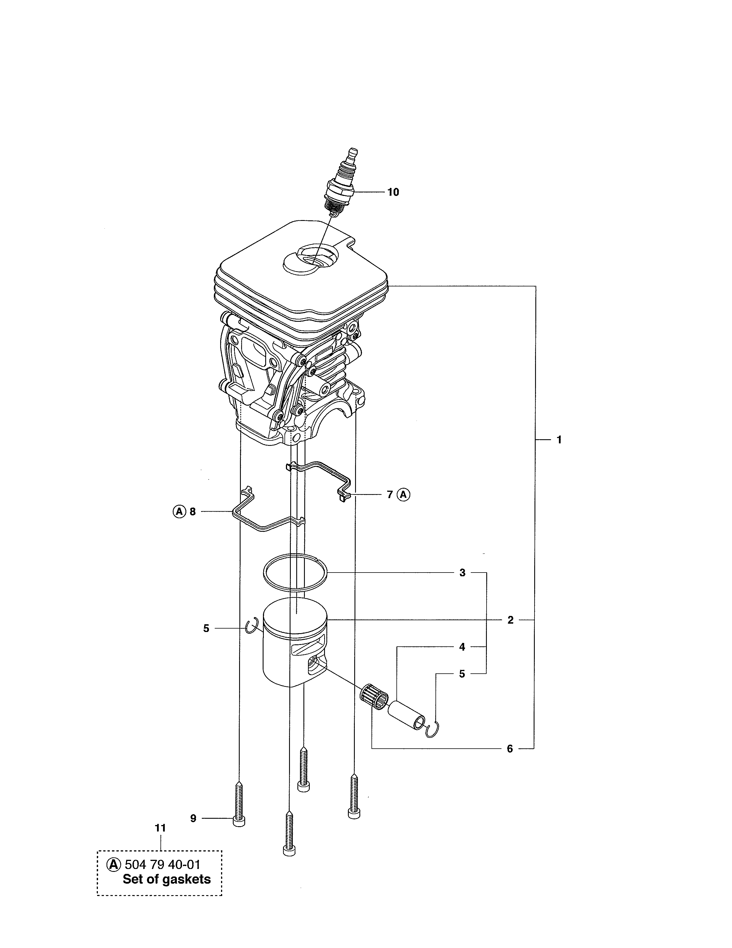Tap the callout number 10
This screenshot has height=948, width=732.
(x=393, y=192)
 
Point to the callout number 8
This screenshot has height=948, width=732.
(x=193, y=512)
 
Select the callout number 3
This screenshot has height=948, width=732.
(x=462, y=573)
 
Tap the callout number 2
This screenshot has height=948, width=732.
(x=510, y=620)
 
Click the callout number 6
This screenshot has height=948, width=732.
(x=510, y=749)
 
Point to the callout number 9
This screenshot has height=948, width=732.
(x=193, y=818)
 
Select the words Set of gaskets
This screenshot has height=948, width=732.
(x=166, y=879)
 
